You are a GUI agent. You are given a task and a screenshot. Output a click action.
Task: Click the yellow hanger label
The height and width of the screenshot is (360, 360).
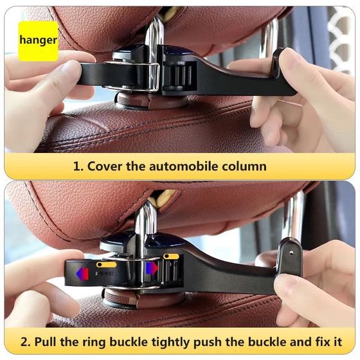(38, 40)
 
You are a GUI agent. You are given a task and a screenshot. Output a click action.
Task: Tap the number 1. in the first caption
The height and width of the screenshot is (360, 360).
(78, 166)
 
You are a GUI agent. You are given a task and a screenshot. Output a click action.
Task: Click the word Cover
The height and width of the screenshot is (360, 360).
(107, 166)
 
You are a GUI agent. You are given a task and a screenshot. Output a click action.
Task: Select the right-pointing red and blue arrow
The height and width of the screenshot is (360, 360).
(152, 267)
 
